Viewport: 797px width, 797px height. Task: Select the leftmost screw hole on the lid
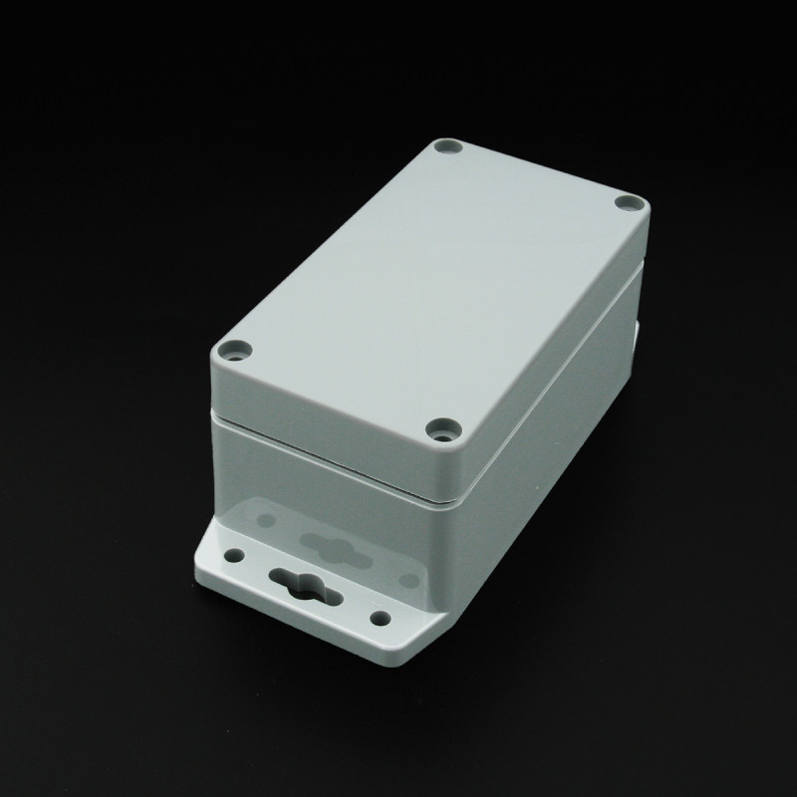tap(234, 351)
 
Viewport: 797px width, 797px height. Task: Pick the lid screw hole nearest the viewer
tap(439, 429)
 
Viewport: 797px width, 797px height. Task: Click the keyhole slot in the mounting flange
tap(298, 580)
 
